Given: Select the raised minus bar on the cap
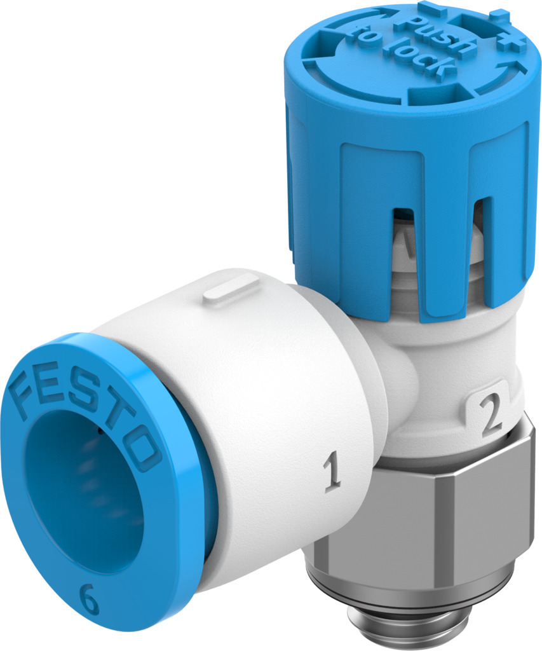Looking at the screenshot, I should pyautogui.click(x=434, y=10).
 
